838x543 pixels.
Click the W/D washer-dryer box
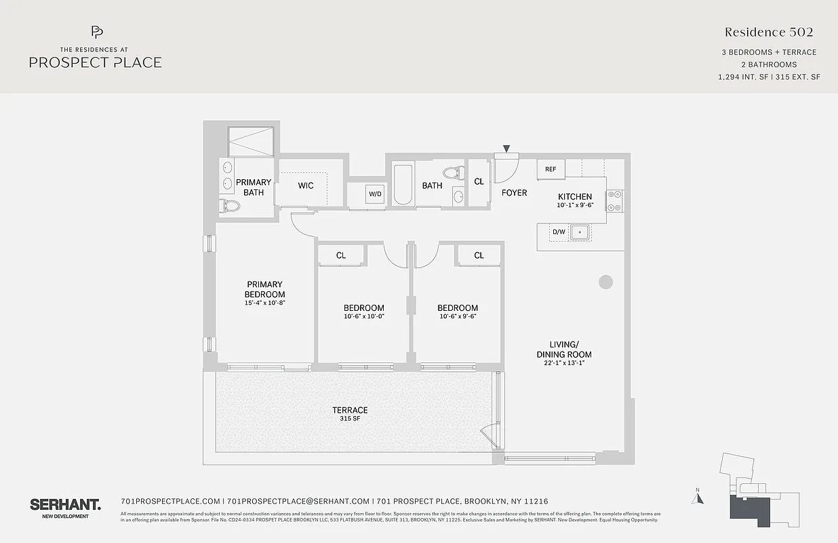(x=375, y=193)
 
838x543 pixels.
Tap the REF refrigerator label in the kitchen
(x=551, y=170)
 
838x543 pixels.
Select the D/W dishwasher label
(x=559, y=232)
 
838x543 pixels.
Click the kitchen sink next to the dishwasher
(x=580, y=232)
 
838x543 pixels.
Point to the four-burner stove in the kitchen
(x=614, y=201)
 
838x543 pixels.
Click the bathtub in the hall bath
(x=403, y=184)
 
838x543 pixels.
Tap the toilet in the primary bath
(x=231, y=205)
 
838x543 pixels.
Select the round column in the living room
(x=605, y=282)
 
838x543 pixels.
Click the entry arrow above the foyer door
(x=506, y=149)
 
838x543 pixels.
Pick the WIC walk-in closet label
(x=306, y=185)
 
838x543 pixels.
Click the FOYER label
(x=514, y=193)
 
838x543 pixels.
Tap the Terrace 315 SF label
(x=350, y=414)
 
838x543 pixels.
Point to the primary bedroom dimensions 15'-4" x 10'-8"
(x=264, y=303)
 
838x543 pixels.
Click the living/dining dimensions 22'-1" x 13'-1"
(x=564, y=363)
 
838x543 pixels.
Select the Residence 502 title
(x=768, y=32)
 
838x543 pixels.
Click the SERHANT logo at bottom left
(x=65, y=504)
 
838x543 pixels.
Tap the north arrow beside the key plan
(x=698, y=498)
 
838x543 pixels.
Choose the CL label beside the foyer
(x=479, y=182)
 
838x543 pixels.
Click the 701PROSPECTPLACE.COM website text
(x=170, y=501)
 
